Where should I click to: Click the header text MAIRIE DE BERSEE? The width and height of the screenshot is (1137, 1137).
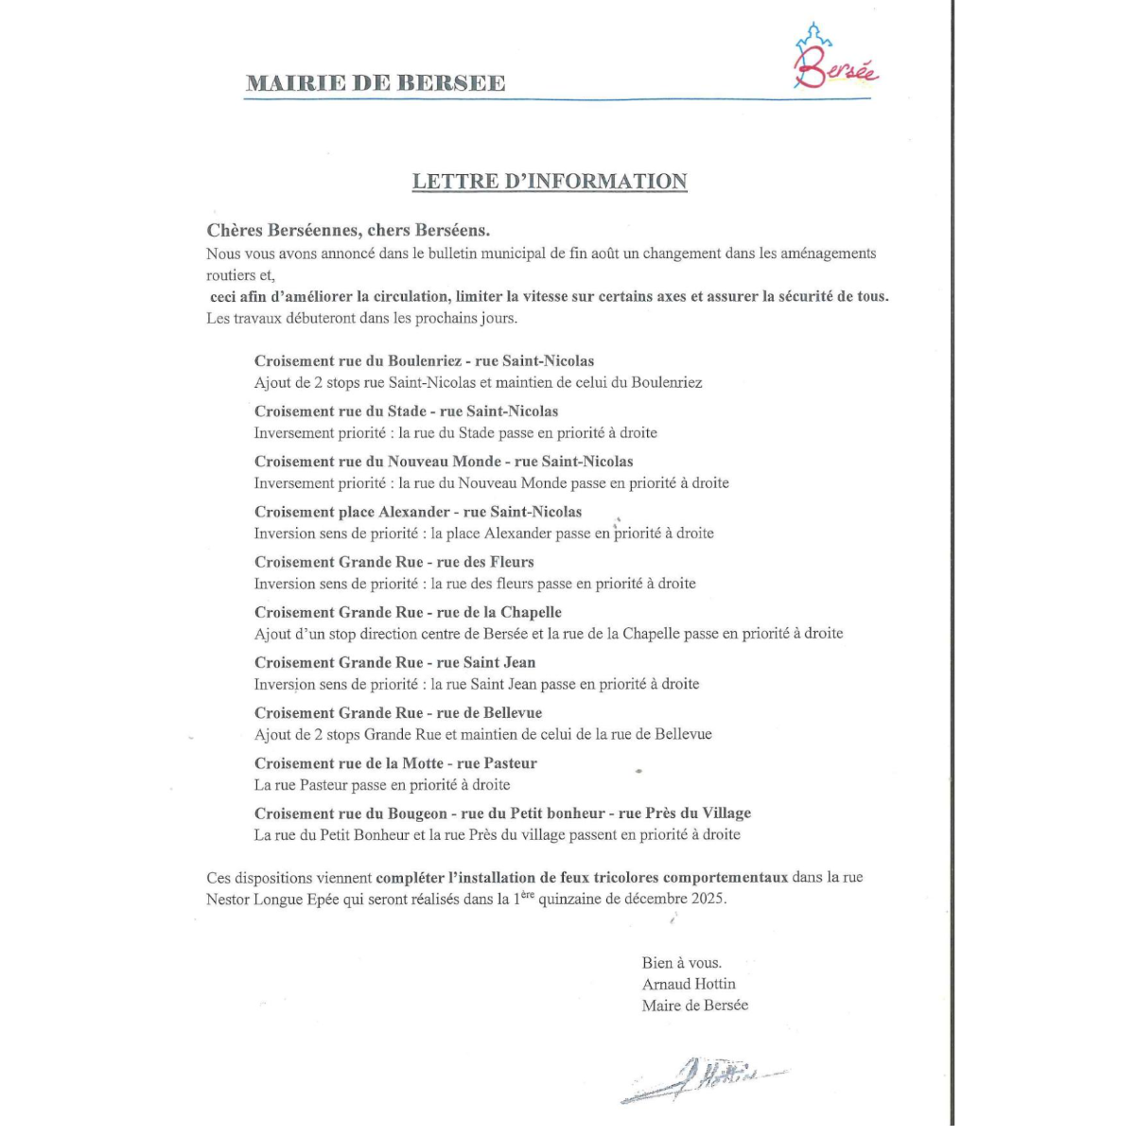(376, 83)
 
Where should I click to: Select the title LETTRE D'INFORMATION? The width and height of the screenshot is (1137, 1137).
(550, 182)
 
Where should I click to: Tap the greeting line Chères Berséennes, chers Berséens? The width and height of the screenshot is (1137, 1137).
(348, 230)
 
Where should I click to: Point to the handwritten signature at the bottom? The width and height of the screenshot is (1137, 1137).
(705, 1077)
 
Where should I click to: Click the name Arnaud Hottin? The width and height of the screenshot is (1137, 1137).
(689, 984)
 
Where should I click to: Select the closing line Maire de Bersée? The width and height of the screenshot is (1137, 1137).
(694, 1006)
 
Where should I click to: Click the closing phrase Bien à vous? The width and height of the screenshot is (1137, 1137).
(681, 963)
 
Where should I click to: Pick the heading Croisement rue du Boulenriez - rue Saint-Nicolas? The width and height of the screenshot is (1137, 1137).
(424, 360)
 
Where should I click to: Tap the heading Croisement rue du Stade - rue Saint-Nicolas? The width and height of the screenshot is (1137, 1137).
(406, 411)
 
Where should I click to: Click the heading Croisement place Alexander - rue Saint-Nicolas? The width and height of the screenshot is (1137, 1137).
(418, 512)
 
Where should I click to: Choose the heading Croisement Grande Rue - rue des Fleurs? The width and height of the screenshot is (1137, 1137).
(394, 562)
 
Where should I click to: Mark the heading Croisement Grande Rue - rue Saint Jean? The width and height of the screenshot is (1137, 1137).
(394, 662)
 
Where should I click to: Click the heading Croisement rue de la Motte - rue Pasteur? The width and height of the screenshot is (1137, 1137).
(395, 763)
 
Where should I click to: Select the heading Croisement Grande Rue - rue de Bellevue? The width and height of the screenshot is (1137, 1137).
(398, 713)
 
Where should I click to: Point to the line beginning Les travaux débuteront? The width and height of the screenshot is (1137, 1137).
(361, 318)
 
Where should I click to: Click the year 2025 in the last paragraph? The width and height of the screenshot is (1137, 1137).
(707, 899)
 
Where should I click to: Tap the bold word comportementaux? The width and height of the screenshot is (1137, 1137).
(726, 877)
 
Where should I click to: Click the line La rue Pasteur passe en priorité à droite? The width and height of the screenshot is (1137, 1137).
(382, 785)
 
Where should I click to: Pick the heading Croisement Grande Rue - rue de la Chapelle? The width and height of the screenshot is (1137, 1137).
(408, 612)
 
